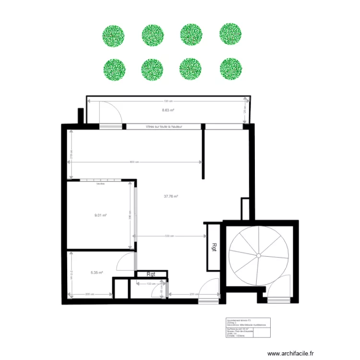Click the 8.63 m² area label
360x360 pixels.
168,110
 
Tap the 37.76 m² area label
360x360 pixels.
171,196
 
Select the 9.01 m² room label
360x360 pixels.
100,215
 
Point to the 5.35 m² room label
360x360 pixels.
97,273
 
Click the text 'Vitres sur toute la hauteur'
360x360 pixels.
163,127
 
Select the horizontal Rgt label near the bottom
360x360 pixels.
151,275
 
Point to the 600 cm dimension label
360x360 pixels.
134,162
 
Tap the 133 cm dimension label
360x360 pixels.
150,284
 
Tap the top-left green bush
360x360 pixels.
113,36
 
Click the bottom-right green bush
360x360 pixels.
230,69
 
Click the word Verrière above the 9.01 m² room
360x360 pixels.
100,184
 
